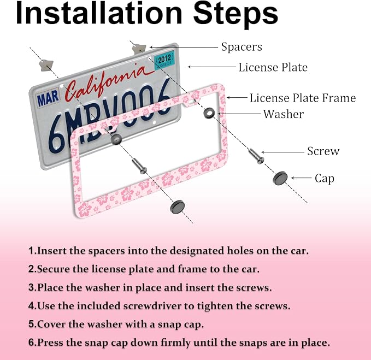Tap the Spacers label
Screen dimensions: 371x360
pos(242,47)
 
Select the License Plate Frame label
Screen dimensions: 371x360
pos(303,98)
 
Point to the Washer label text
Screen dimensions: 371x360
pos(284,114)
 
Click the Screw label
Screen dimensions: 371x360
pos(323,151)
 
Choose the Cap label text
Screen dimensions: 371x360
pos(325,179)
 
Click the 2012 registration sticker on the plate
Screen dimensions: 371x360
pos(164,60)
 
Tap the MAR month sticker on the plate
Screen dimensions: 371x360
pos(48,98)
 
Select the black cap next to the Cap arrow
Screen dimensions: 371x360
pos(280,178)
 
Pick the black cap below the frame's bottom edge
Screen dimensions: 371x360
pos(177,206)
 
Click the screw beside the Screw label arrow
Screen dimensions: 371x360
pos(256,156)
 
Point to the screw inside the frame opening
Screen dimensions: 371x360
pos(139,166)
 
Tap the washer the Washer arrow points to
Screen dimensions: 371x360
pos(209,113)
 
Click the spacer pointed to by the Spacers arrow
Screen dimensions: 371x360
pos(139,49)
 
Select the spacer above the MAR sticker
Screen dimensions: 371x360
pos(46,66)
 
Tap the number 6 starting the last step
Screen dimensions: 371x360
pos(32,343)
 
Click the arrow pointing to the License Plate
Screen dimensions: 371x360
pos(212,67)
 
